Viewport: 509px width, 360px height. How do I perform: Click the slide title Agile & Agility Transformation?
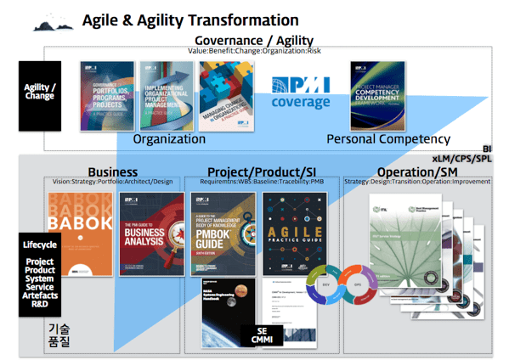click(189, 20)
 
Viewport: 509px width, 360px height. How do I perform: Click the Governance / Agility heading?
click(254, 40)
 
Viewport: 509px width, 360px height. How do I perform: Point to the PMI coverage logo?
click(301, 93)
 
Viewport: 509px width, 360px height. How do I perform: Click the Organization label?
click(169, 138)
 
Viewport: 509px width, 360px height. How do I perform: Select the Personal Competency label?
click(388, 138)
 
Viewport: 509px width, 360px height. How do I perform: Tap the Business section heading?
click(112, 172)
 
